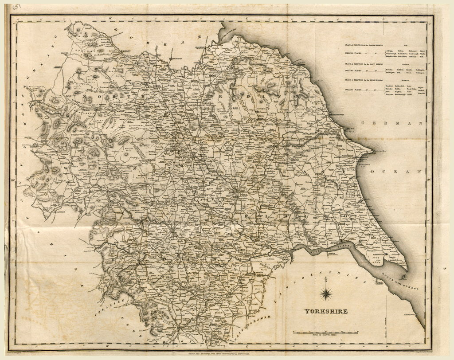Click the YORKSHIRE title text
pyautogui.click(x=326, y=311)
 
